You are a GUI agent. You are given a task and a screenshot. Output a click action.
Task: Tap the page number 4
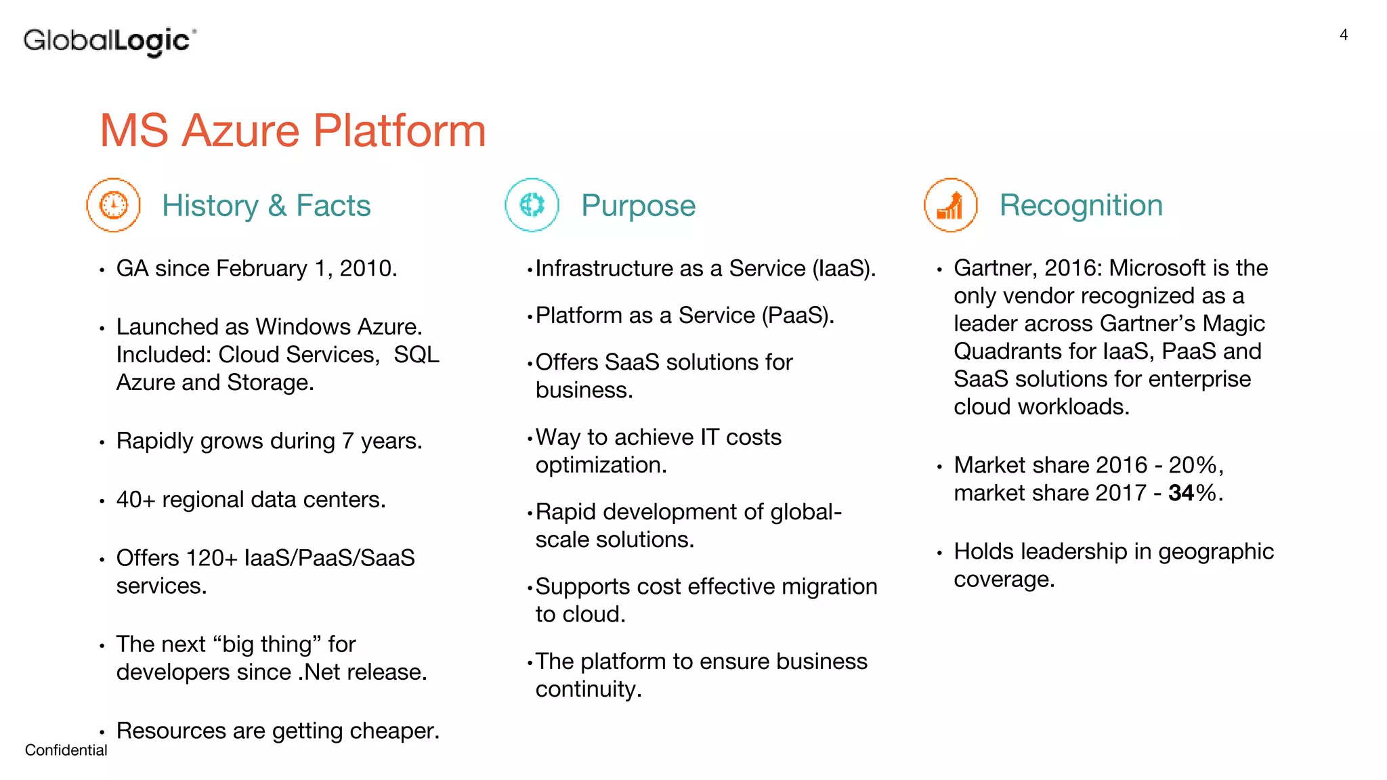click(x=1344, y=35)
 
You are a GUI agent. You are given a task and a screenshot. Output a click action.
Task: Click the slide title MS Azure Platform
click(x=293, y=130)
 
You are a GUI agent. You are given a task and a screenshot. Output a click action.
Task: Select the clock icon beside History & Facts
click(x=113, y=205)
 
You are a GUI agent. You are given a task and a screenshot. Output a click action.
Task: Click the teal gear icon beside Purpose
click(x=532, y=205)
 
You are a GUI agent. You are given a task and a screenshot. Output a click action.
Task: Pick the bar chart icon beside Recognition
click(x=950, y=205)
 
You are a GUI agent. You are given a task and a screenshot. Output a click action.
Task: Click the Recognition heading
click(x=1081, y=205)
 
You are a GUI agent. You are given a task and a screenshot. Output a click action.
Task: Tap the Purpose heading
click(x=638, y=205)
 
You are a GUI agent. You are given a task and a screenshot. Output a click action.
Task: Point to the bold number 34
click(x=1181, y=493)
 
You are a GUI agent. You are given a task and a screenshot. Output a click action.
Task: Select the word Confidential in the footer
click(x=66, y=750)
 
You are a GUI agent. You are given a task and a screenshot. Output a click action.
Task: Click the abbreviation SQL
click(x=417, y=355)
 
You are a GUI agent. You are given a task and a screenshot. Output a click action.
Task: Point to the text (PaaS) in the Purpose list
click(x=796, y=316)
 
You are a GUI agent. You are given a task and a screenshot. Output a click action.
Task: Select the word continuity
click(x=588, y=689)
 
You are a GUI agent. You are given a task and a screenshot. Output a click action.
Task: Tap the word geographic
click(x=1216, y=552)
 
